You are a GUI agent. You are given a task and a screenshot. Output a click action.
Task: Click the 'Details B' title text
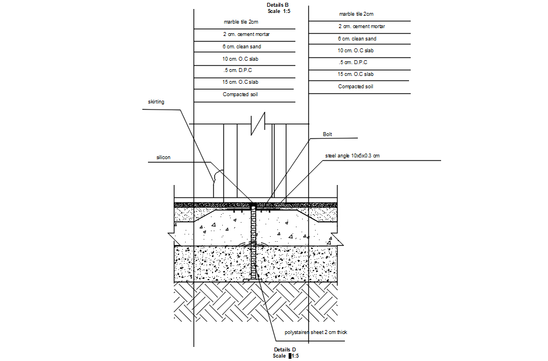tap(277, 4)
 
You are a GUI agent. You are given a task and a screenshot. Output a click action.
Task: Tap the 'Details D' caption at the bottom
tap(285, 350)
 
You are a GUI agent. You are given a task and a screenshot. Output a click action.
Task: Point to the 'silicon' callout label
tap(163, 157)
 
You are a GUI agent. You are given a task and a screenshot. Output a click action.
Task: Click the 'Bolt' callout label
tap(327, 134)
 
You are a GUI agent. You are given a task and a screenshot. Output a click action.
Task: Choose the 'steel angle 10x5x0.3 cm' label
tap(352, 155)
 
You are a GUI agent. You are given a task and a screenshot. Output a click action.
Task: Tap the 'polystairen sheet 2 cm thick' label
tap(316, 332)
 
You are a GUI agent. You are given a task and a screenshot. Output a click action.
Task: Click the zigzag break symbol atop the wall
tap(258, 123)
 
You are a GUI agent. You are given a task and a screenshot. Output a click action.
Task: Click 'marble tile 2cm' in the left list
tap(241, 22)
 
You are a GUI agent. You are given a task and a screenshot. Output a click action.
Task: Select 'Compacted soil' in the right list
tap(355, 87)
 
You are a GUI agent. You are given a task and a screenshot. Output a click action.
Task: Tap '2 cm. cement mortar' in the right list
tap(361, 26)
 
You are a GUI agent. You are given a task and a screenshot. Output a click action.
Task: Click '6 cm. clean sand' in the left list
tap(241, 46)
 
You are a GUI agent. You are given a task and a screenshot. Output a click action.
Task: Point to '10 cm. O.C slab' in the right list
tap(356, 51)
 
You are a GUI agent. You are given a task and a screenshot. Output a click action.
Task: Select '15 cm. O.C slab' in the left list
tap(241, 82)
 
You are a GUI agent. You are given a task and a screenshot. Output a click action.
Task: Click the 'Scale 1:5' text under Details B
tap(279, 11)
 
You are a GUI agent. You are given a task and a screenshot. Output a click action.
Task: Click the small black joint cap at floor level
tap(253, 203)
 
